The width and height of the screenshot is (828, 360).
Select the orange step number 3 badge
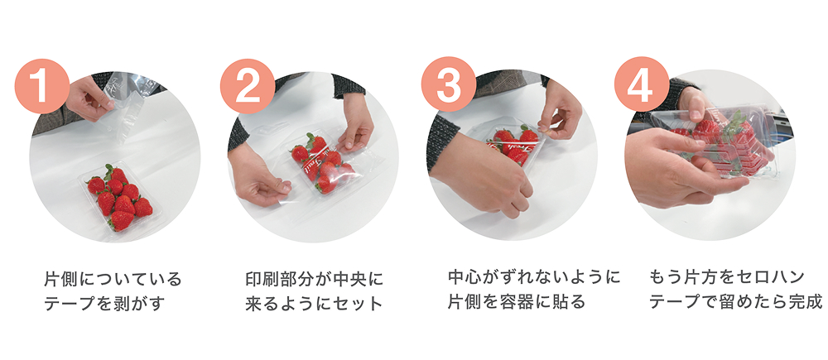(x=449, y=84)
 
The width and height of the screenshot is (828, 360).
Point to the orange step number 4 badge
(x=642, y=84)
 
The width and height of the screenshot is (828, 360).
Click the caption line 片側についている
(x=113, y=278)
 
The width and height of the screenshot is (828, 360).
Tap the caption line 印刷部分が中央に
(x=315, y=278)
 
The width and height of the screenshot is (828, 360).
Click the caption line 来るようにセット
(x=314, y=304)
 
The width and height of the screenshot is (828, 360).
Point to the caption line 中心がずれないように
(x=534, y=276)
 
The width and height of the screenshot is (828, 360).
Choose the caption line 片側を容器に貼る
(x=517, y=301)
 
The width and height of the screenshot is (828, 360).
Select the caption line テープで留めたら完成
(x=735, y=301)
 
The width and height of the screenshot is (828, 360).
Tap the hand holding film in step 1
(x=89, y=98)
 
